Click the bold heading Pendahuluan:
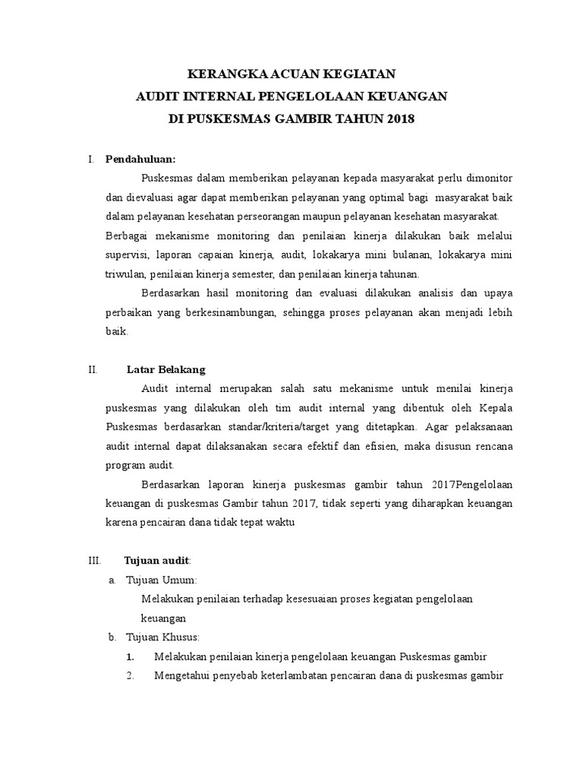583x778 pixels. tap(140, 159)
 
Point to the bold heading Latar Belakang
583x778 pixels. tap(165, 369)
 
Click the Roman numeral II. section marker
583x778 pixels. tap(93, 369)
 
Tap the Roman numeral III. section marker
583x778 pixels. tap(94, 560)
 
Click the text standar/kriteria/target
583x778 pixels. tap(295, 426)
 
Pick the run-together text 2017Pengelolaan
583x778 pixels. tap(471, 484)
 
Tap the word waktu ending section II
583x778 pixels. tap(279, 522)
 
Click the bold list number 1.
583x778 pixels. tap(131, 656)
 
